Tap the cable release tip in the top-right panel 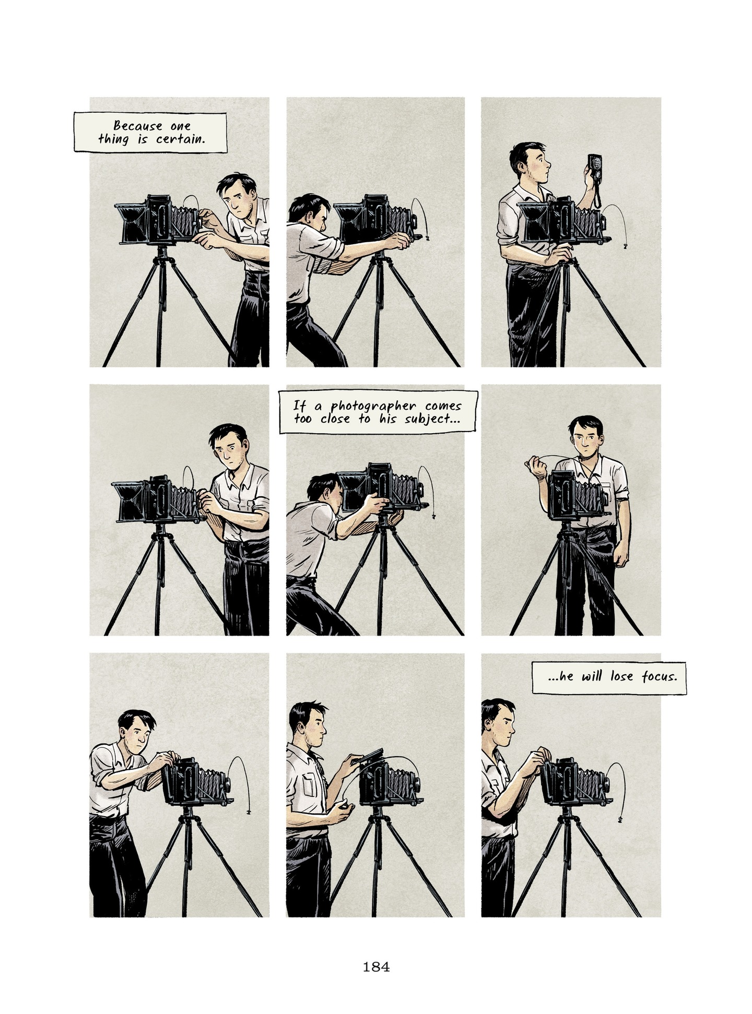click(x=625, y=247)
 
